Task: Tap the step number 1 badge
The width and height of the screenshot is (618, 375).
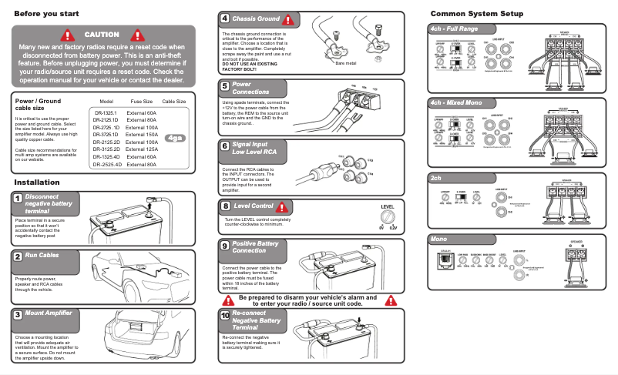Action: pos(17,199)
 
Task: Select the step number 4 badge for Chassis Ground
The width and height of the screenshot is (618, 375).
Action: pos(224,18)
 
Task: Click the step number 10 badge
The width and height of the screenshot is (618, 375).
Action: pos(225,315)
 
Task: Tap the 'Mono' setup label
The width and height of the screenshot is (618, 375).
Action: pos(439,239)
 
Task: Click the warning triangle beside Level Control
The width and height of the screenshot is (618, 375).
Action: pos(285,206)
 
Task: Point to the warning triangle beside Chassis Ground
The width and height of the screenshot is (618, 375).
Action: pos(288,19)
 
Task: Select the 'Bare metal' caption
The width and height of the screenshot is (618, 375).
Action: pos(346,64)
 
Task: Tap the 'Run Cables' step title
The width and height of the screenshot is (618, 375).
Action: pos(42,255)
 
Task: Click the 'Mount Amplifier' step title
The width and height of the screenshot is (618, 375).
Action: pos(49,313)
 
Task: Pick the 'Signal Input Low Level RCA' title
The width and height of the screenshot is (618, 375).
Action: pos(255,149)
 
